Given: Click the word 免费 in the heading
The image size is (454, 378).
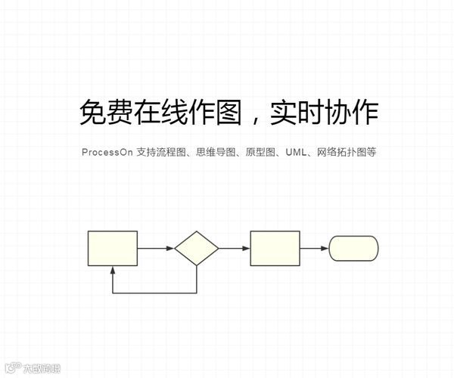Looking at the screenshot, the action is point(107,113).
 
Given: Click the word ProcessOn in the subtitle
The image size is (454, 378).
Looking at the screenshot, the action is point(107,152).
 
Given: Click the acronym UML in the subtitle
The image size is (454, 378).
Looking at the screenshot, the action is point(296,152).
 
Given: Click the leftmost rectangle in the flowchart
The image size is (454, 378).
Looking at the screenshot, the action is point(113,248).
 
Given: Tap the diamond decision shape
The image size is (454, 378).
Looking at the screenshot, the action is point(197,248).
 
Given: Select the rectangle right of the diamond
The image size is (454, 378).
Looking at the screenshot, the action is point(275,248).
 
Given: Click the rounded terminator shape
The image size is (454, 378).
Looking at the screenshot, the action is point(353,248).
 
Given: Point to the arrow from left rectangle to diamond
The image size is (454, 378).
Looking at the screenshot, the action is point(156,248).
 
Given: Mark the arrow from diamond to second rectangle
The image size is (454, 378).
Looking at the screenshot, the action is point(235,248).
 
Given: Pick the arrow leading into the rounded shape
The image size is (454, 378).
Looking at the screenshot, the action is point(314,248).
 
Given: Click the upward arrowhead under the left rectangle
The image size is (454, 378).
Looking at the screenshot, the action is point(113,271).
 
